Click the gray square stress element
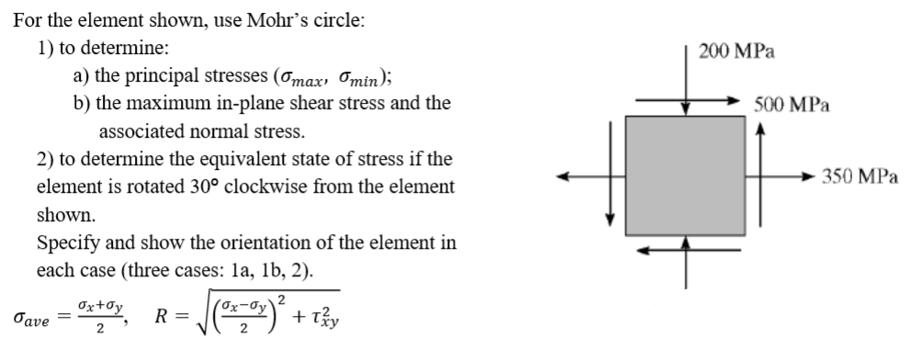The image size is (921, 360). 685,175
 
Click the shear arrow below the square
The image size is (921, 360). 685,250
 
